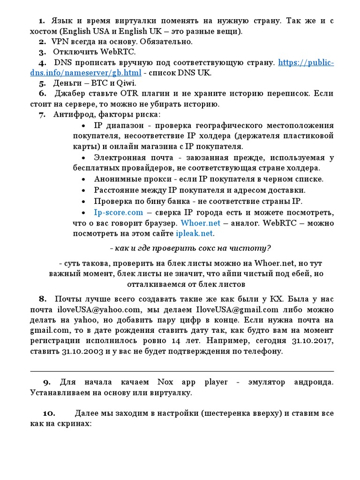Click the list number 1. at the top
[x=41, y=21]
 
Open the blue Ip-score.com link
[x=118, y=212]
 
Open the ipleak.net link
[x=194, y=233]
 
